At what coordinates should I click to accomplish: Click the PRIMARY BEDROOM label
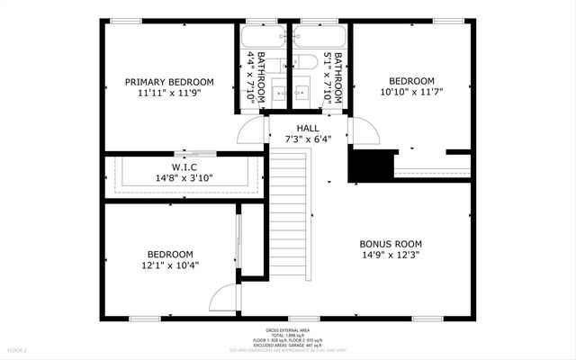pyautogui.click(x=170, y=82)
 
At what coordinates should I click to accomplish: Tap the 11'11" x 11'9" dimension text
pyautogui.click(x=170, y=93)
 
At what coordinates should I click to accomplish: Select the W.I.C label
pyautogui.click(x=184, y=167)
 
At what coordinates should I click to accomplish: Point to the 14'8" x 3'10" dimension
pyautogui.click(x=184, y=178)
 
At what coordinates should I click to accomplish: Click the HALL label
pyautogui.click(x=308, y=129)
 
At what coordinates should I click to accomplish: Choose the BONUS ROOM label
pyautogui.click(x=391, y=244)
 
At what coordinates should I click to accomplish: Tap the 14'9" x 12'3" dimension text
pyautogui.click(x=391, y=255)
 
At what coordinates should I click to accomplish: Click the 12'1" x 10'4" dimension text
pyautogui.click(x=170, y=265)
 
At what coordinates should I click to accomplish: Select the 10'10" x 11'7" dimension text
pyautogui.click(x=410, y=91)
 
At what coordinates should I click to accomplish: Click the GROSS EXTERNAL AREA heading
pyautogui.click(x=288, y=330)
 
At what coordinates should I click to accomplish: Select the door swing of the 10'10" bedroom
pyautogui.click(x=362, y=132)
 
